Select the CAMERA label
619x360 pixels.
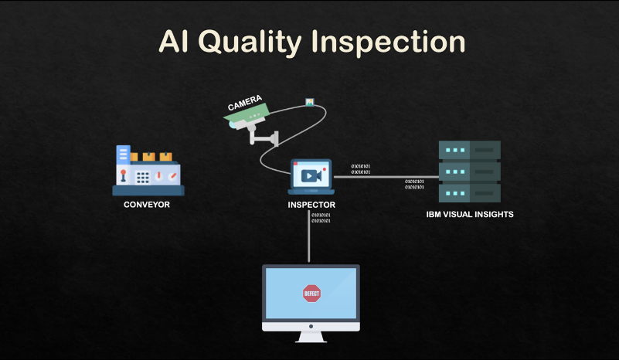244,103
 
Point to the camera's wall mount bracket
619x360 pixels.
266,138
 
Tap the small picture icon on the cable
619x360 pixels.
309,101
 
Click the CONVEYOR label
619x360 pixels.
147,205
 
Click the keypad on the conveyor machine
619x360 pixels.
143,177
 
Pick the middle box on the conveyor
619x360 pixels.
148,156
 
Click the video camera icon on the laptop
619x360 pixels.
310,175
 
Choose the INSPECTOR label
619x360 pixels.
311,205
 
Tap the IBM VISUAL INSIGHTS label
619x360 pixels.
470,214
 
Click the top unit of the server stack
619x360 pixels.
469,149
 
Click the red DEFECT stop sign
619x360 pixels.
311,293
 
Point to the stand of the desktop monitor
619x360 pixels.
311,335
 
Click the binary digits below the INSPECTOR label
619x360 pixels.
321,218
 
